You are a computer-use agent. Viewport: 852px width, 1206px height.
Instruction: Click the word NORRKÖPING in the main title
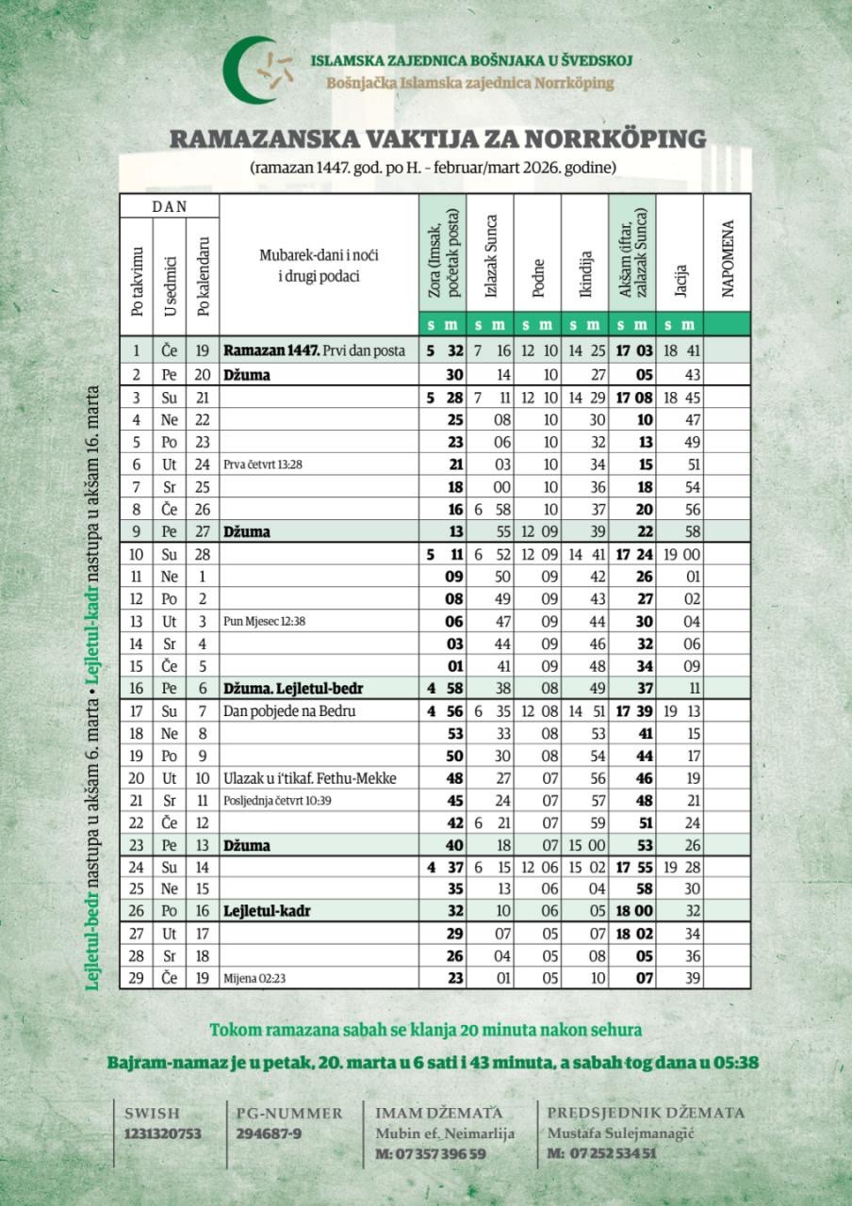[x=629, y=139]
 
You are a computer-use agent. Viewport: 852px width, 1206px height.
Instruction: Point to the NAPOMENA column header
[x=727, y=259]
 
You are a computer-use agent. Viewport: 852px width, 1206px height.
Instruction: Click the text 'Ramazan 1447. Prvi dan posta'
[x=314, y=350]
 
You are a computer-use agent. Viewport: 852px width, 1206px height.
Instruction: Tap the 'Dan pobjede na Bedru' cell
[x=284, y=711]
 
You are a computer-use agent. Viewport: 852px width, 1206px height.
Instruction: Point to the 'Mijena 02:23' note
[x=254, y=978]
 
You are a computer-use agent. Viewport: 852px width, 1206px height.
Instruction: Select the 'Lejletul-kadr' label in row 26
[x=267, y=911]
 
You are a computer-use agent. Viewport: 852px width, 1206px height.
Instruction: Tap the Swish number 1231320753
[x=163, y=1134]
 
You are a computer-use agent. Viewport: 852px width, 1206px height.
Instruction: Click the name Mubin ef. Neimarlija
[x=445, y=1133]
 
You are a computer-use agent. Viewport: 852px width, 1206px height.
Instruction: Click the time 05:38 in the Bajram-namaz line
[x=738, y=1063]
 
